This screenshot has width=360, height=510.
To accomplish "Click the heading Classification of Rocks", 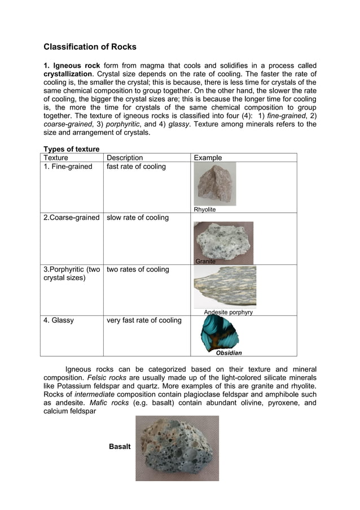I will click(x=90, y=47).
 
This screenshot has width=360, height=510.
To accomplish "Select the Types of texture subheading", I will click(x=72, y=149).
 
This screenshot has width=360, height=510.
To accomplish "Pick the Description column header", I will click(x=125, y=158).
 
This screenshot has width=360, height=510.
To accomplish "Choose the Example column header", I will click(x=208, y=158).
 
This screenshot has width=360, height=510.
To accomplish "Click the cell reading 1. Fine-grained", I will click(x=68, y=167).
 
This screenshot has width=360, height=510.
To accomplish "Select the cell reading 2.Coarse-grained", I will click(x=72, y=217).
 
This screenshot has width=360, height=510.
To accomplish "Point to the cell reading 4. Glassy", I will click(x=59, y=320).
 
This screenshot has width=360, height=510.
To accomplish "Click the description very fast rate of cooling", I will click(x=144, y=320).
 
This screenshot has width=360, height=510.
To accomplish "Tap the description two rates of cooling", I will click(x=138, y=269).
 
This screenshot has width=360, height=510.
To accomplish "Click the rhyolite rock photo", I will click(x=214, y=184).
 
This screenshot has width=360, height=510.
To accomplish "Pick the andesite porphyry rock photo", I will click(x=225, y=286).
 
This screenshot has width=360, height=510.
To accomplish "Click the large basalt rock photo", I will click(x=177, y=448).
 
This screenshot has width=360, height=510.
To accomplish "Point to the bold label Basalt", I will click(x=120, y=447).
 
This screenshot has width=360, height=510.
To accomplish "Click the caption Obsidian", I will click(x=229, y=353).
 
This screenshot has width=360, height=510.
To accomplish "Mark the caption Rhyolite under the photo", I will click(x=205, y=210).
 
